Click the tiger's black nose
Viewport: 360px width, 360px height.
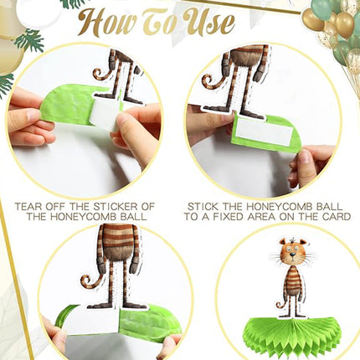coord(292,255)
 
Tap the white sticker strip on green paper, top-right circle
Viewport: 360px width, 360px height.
coord(264,135)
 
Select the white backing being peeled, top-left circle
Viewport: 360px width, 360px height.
coord(107,115)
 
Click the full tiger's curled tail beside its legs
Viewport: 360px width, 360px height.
coord(280,304)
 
